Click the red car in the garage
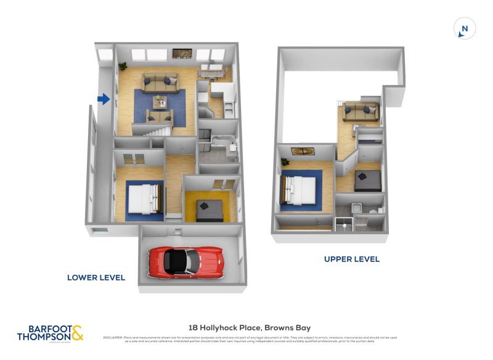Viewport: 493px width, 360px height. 185,261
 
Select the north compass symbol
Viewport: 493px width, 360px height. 465,28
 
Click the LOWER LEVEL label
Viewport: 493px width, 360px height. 96,278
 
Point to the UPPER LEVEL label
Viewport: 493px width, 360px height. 352,260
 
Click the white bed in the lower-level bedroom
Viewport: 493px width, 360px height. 145,199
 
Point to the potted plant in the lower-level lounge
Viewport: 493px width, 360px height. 123,65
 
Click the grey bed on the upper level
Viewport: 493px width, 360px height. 368,180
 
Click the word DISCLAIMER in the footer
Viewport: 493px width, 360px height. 113,338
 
